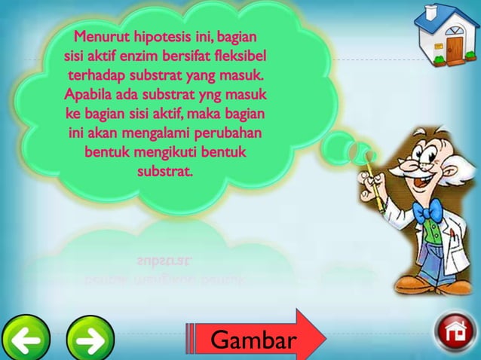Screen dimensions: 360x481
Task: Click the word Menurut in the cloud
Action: (x=105, y=37)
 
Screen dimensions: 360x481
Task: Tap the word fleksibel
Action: (x=240, y=56)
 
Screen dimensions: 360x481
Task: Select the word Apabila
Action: (x=91, y=96)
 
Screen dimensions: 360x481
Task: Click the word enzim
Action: (x=151, y=56)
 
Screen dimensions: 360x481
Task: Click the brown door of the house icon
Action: (x=456, y=48)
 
